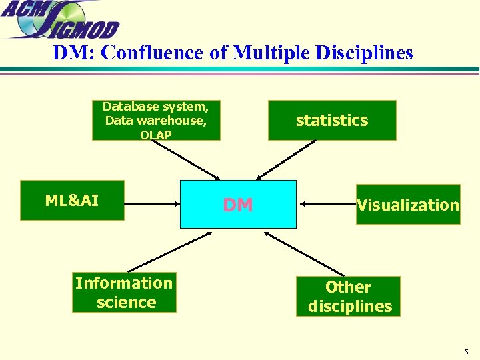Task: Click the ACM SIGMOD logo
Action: tap(60, 20)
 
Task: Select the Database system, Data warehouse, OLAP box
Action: tap(156, 120)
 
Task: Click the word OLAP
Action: tap(156, 135)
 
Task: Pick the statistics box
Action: tap(332, 121)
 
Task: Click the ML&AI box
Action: tap(72, 201)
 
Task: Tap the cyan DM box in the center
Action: tap(238, 205)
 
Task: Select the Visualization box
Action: tap(408, 205)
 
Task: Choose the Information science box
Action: tap(124, 293)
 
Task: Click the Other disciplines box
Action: tap(349, 297)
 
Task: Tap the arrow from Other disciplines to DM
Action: tap(303, 253)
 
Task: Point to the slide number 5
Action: tap(466, 352)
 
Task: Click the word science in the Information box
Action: tap(126, 303)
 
